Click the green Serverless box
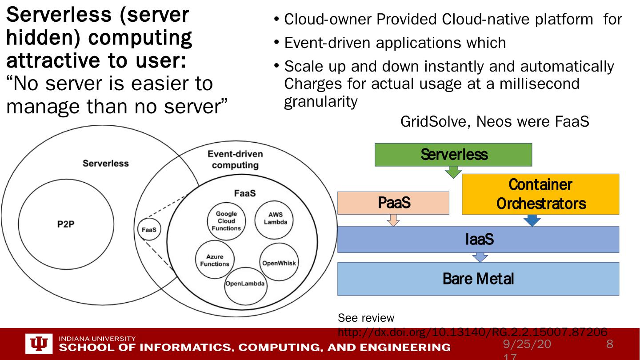click(x=453, y=155)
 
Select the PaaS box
click(x=393, y=203)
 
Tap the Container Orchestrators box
click(x=540, y=194)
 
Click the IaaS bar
click(x=478, y=240)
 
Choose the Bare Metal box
click(x=478, y=279)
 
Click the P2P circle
click(x=66, y=224)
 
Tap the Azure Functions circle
click(x=215, y=260)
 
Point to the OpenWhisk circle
click(x=279, y=263)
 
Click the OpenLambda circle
click(x=245, y=284)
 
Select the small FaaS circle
click(x=148, y=230)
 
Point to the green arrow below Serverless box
click(x=453, y=172)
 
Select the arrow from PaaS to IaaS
click(x=393, y=220)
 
